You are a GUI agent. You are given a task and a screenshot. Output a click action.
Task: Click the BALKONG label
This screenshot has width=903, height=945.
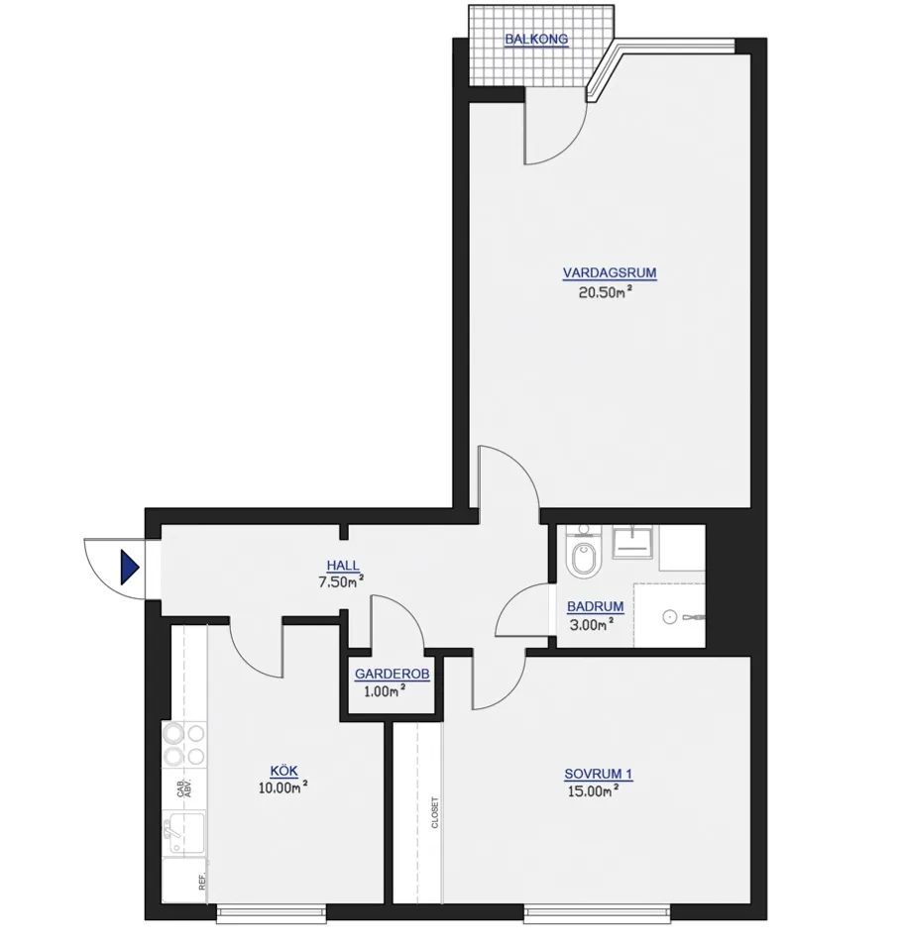tap(536, 40)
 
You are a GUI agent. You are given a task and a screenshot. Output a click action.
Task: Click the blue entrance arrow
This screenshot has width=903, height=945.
tap(129, 568)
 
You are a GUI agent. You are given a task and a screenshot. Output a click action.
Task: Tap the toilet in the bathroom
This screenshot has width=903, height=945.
tap(582, 561)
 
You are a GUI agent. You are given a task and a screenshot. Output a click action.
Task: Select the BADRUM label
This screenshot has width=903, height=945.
tap(595, 607)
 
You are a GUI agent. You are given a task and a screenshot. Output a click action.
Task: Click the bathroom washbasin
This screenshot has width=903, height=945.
tap(630, 542)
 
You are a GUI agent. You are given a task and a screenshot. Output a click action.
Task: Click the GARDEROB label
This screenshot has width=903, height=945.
tap(393, 675)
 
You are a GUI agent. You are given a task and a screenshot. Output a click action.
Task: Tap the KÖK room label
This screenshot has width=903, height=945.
tap(283, 771)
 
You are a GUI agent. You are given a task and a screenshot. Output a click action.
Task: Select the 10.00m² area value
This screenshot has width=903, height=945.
tap(283, 787)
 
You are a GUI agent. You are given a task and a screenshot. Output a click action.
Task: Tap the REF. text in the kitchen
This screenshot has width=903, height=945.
tap(202, 883)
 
